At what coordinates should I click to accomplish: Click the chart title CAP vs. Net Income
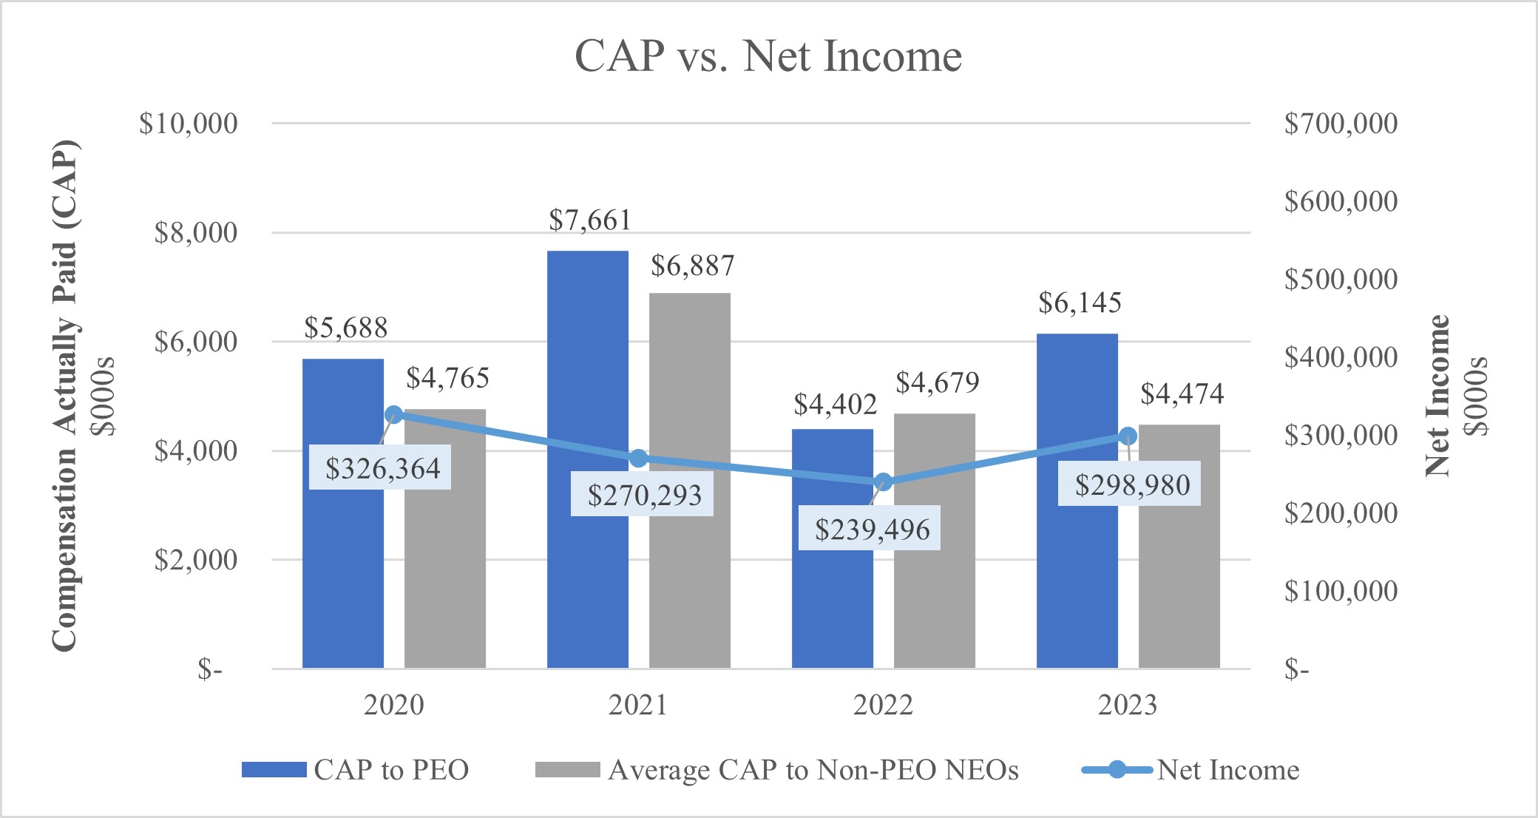768,56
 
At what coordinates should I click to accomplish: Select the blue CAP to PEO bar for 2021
588,459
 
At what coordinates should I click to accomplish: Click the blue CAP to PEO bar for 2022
833,548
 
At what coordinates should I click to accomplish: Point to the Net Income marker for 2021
639,459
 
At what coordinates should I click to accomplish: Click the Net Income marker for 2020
394,415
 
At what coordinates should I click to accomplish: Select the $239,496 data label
872,530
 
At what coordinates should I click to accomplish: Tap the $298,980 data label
1131,485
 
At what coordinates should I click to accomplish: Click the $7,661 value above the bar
589,220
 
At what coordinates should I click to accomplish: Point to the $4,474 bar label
1181,393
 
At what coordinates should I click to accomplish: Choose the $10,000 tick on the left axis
189,124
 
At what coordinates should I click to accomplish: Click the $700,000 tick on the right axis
1340,124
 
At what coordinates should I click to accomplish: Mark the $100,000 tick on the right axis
1340,591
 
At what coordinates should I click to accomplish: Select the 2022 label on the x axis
883,705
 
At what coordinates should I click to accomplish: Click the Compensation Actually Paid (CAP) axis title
65,396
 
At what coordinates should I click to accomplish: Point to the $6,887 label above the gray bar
692,266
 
